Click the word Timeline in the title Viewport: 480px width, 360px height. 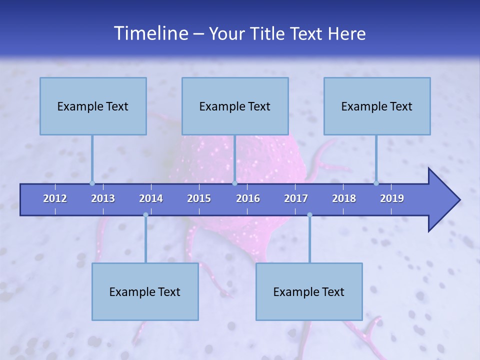click(150, 33)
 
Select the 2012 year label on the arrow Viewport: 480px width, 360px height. click(55, 198)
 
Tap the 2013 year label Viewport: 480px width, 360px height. click(103, 198)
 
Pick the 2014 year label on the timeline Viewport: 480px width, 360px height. click(151, 198)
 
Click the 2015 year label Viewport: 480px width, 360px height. click(199, 198)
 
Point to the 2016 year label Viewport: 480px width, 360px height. click(248, 198)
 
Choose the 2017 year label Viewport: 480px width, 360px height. click(296, 198)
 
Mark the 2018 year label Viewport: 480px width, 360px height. click(344, 198)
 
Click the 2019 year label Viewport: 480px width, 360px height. click(392, 198)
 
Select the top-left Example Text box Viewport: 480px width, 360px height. click(93, 106)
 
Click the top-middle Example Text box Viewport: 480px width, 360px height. click(235, 106)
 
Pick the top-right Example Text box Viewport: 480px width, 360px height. click(377, 106)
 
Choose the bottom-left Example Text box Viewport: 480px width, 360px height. click(145, 292)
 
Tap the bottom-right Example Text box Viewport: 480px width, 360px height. click(309, 292)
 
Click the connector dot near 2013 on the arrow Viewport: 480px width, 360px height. click(92, 183)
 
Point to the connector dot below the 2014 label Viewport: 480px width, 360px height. click(145, 215)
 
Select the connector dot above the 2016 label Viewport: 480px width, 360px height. click(234, 183)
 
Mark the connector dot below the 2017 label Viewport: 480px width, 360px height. click(309, 215)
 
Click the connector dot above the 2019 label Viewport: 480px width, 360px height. click(376, 183)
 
